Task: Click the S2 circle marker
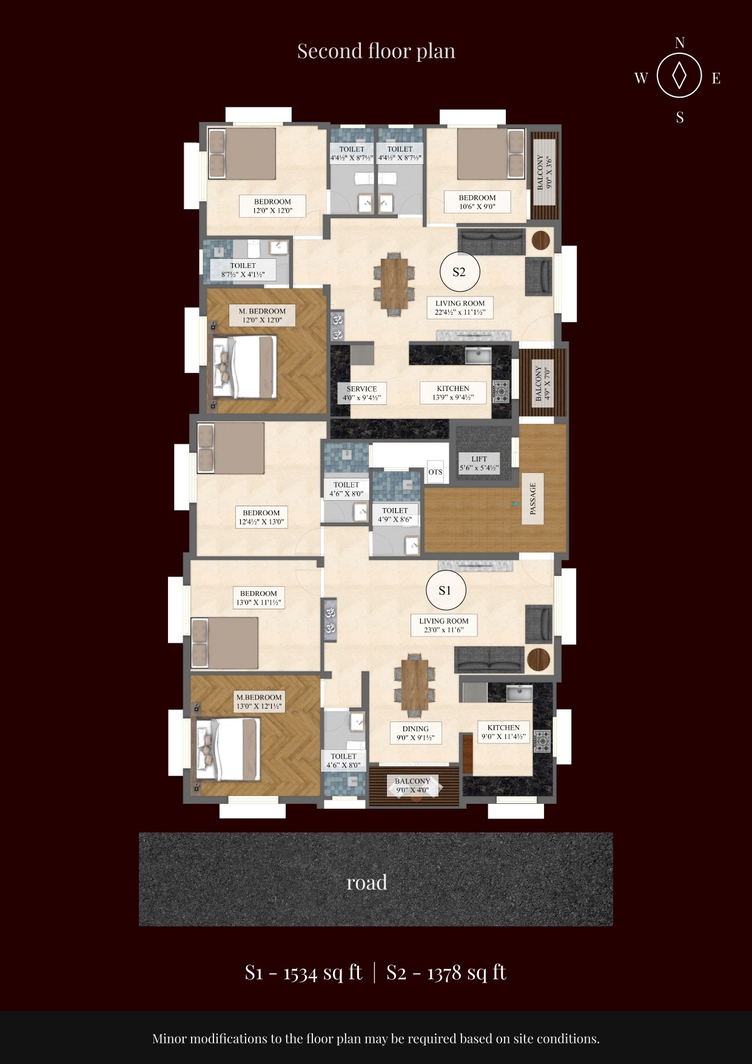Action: [459, 272]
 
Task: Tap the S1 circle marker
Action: [445, 591]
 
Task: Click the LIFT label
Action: [479, 463]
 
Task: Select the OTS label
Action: [435, 472]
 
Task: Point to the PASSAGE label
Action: [533, 498]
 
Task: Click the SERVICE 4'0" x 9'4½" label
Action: [361, 393]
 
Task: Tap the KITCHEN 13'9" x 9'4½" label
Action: [453, 393]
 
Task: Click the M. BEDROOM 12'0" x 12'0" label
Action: [262, 315]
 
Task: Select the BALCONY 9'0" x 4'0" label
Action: [412, 786]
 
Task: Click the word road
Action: [367, 882]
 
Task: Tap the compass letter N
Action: [680, 42]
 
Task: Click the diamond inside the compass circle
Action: [680, 76]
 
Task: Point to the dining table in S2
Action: [395, 283]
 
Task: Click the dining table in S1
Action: [415, 684]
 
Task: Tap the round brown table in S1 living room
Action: [538, 660]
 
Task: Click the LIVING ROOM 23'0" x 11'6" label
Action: [444, 625]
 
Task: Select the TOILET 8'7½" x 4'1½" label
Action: [243, 270]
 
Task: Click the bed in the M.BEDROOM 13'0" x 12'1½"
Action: [226, 750]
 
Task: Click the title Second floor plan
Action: [376, 51]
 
